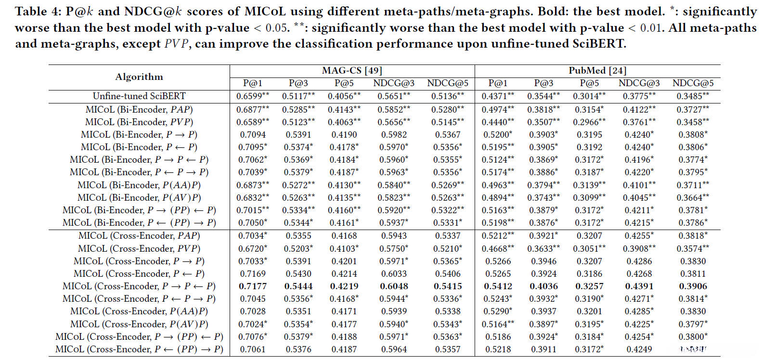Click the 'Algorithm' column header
click(139, 77)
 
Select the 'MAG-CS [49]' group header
click(352, 71)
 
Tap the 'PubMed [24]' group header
click(597, 71)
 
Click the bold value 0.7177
click(253, 286)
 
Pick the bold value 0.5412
click(498, 286)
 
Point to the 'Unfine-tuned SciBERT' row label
click(139, 96)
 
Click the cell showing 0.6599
click(249, 96)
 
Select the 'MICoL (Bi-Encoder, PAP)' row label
click(139, 110)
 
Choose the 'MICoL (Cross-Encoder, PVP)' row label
click(139, 249)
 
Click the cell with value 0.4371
click(494, 96)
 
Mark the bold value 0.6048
click(394, 286)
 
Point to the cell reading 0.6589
click(249, 122)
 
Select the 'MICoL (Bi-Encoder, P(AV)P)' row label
click(139, 198)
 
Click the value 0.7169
click(253, 274)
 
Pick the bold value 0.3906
click(693, 286)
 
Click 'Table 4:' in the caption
click(34, 12)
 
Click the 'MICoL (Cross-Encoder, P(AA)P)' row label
click(139, 311)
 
